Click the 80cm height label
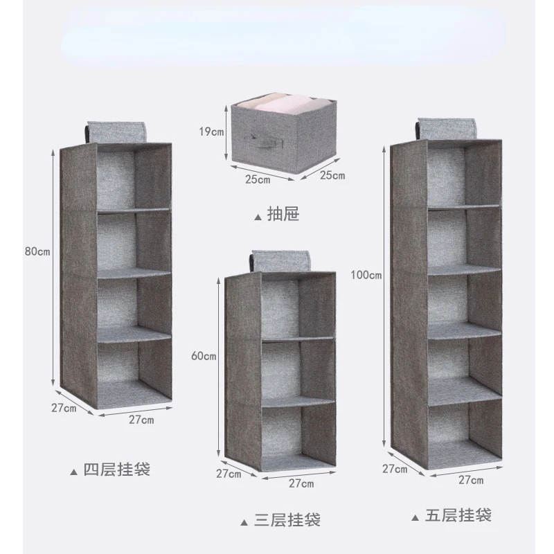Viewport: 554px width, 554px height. coord(37,251)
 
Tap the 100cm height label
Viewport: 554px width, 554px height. coord(366,274)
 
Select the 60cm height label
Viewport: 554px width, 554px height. coord(204,356)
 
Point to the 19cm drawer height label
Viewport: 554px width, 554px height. coord(211,132)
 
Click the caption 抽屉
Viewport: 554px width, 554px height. coord(283,214)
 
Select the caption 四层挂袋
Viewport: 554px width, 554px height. coord(116,470)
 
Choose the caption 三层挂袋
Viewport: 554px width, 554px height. coord(287,520)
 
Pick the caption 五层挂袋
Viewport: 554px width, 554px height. coord(458,515)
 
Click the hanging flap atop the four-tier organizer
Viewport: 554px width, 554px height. coord(116,132)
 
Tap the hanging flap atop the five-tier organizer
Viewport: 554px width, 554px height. coord(447,129)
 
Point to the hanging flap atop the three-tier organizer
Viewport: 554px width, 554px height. coord(281,262)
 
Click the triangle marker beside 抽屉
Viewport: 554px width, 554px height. coord(258,217)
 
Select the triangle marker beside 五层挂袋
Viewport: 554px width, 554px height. coord(415,518)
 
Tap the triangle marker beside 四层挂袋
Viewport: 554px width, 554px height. coord(73,472)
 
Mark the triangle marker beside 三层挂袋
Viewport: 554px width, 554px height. coord(244,523)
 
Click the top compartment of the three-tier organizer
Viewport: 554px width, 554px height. coord(298,307)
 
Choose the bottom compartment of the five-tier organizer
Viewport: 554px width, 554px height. coord(465,434)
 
